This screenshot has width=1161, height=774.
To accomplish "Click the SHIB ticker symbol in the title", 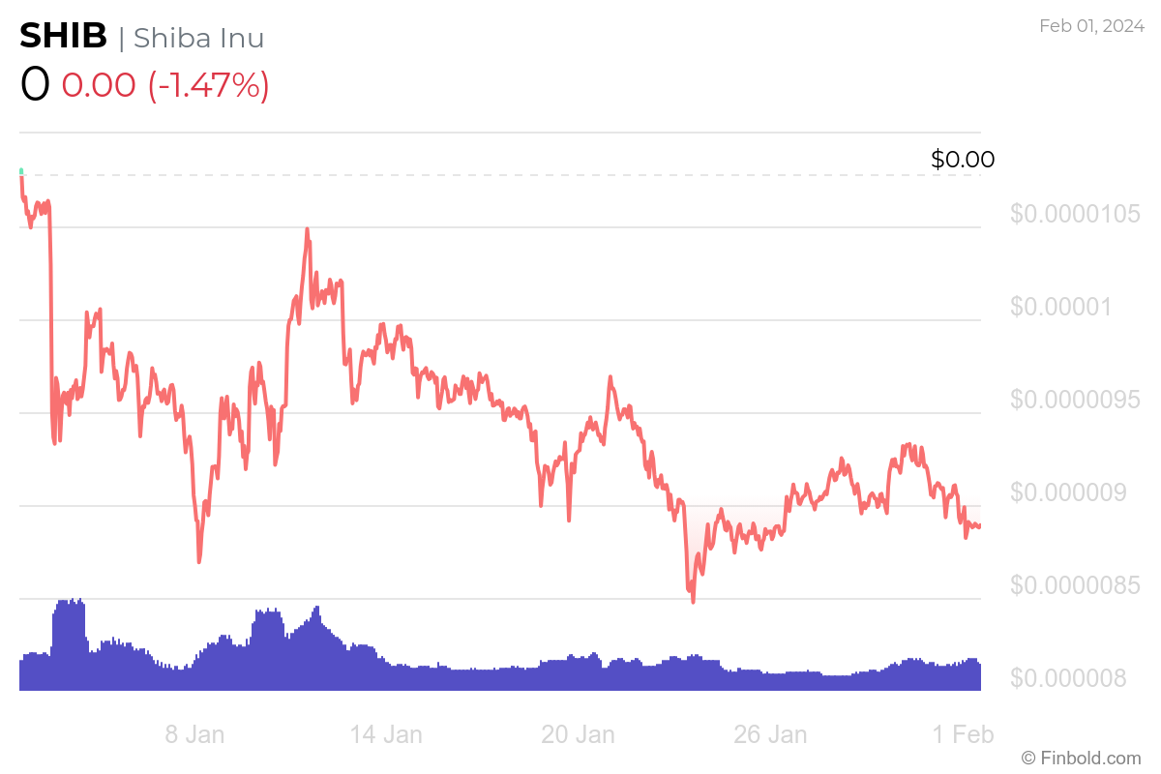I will [x=64, y=37].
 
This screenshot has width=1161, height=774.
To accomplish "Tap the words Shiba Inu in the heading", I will [x=198, y=38].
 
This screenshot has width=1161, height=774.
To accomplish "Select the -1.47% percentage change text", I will [x=208, y=85].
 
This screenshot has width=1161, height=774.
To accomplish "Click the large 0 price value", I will [x=35, y=85].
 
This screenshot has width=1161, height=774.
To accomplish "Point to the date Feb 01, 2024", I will [x=1090, y=26].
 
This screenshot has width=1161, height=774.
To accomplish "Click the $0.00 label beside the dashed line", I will [x=962, y=160].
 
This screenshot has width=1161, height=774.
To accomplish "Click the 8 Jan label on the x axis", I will [x=194, y=734].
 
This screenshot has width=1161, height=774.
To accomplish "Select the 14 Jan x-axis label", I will [x=386, y=734].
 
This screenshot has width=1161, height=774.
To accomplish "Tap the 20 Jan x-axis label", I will [x=578, y=734].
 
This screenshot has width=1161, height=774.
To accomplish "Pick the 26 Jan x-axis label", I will [x=770, y=734].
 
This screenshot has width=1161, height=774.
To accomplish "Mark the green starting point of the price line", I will [x=21, y=172].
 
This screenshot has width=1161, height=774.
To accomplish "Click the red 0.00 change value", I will [x=99, y=85].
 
